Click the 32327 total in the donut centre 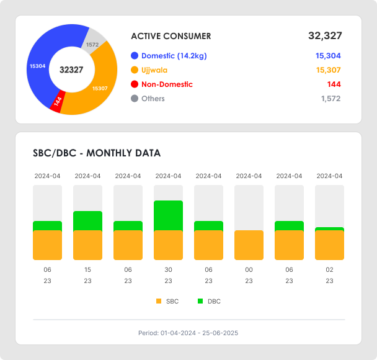(71, 70)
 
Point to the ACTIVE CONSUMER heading (171, 36)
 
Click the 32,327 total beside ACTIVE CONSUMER (324, 36)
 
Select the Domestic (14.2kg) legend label (174, 56)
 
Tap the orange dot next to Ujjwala (134, 70)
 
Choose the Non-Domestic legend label (167, 84)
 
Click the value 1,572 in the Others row (330, 99)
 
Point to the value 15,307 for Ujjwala (328, 70)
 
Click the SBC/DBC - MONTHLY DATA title (96, 153)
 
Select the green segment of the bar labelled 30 (168, 215)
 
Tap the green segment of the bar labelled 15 (87, 220)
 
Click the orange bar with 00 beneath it (249, 245)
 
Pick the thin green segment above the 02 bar (329, 229)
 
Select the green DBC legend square (200, 301)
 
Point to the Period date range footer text (188, 333)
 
